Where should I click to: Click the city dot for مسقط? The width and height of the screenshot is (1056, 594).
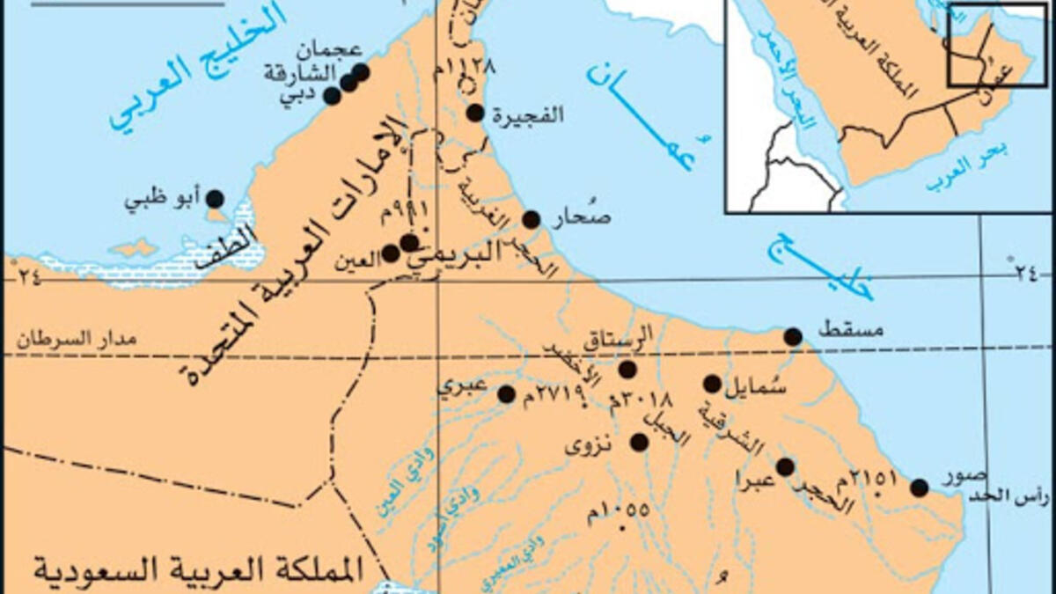point(793,336)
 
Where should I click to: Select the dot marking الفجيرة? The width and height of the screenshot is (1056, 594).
point(475,112)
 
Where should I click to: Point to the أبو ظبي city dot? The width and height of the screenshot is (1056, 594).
point(214,199)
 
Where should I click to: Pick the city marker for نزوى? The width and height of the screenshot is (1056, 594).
point(639,443)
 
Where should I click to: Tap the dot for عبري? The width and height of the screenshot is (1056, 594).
point(506,393)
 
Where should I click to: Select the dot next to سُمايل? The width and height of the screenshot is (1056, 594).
point(712,383)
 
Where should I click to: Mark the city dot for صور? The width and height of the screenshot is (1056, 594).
point(919,488)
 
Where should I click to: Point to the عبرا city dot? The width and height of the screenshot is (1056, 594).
point(785,466)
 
